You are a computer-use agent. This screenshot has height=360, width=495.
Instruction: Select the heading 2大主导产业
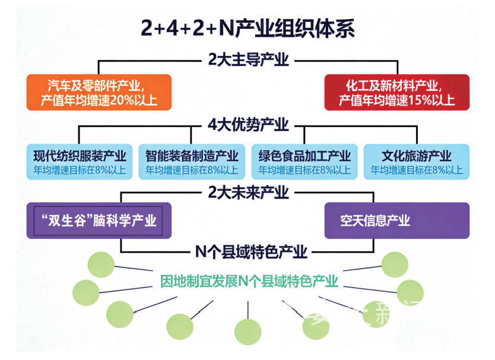(248, 59)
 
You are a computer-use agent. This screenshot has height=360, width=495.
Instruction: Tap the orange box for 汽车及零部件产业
(99, 92)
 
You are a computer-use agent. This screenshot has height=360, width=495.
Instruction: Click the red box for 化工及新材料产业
(396, 92)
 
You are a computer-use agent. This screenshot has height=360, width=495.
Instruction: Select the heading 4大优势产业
(248, 125)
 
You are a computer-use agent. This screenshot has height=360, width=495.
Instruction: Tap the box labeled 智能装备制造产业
(192, 162)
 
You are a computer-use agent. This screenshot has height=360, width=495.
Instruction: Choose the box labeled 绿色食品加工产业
(304, 162)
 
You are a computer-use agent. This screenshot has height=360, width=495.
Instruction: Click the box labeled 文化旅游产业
(417, 162)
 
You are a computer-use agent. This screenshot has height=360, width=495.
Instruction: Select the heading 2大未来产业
(248, 192)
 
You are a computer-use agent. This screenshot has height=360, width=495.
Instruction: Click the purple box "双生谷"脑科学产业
(99, 221)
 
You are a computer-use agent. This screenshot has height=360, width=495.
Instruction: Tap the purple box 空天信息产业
(396, 221)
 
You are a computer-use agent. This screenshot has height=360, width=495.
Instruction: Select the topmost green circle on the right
(394, 265)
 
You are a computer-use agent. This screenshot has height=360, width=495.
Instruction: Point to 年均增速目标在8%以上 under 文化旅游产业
(417, 170)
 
